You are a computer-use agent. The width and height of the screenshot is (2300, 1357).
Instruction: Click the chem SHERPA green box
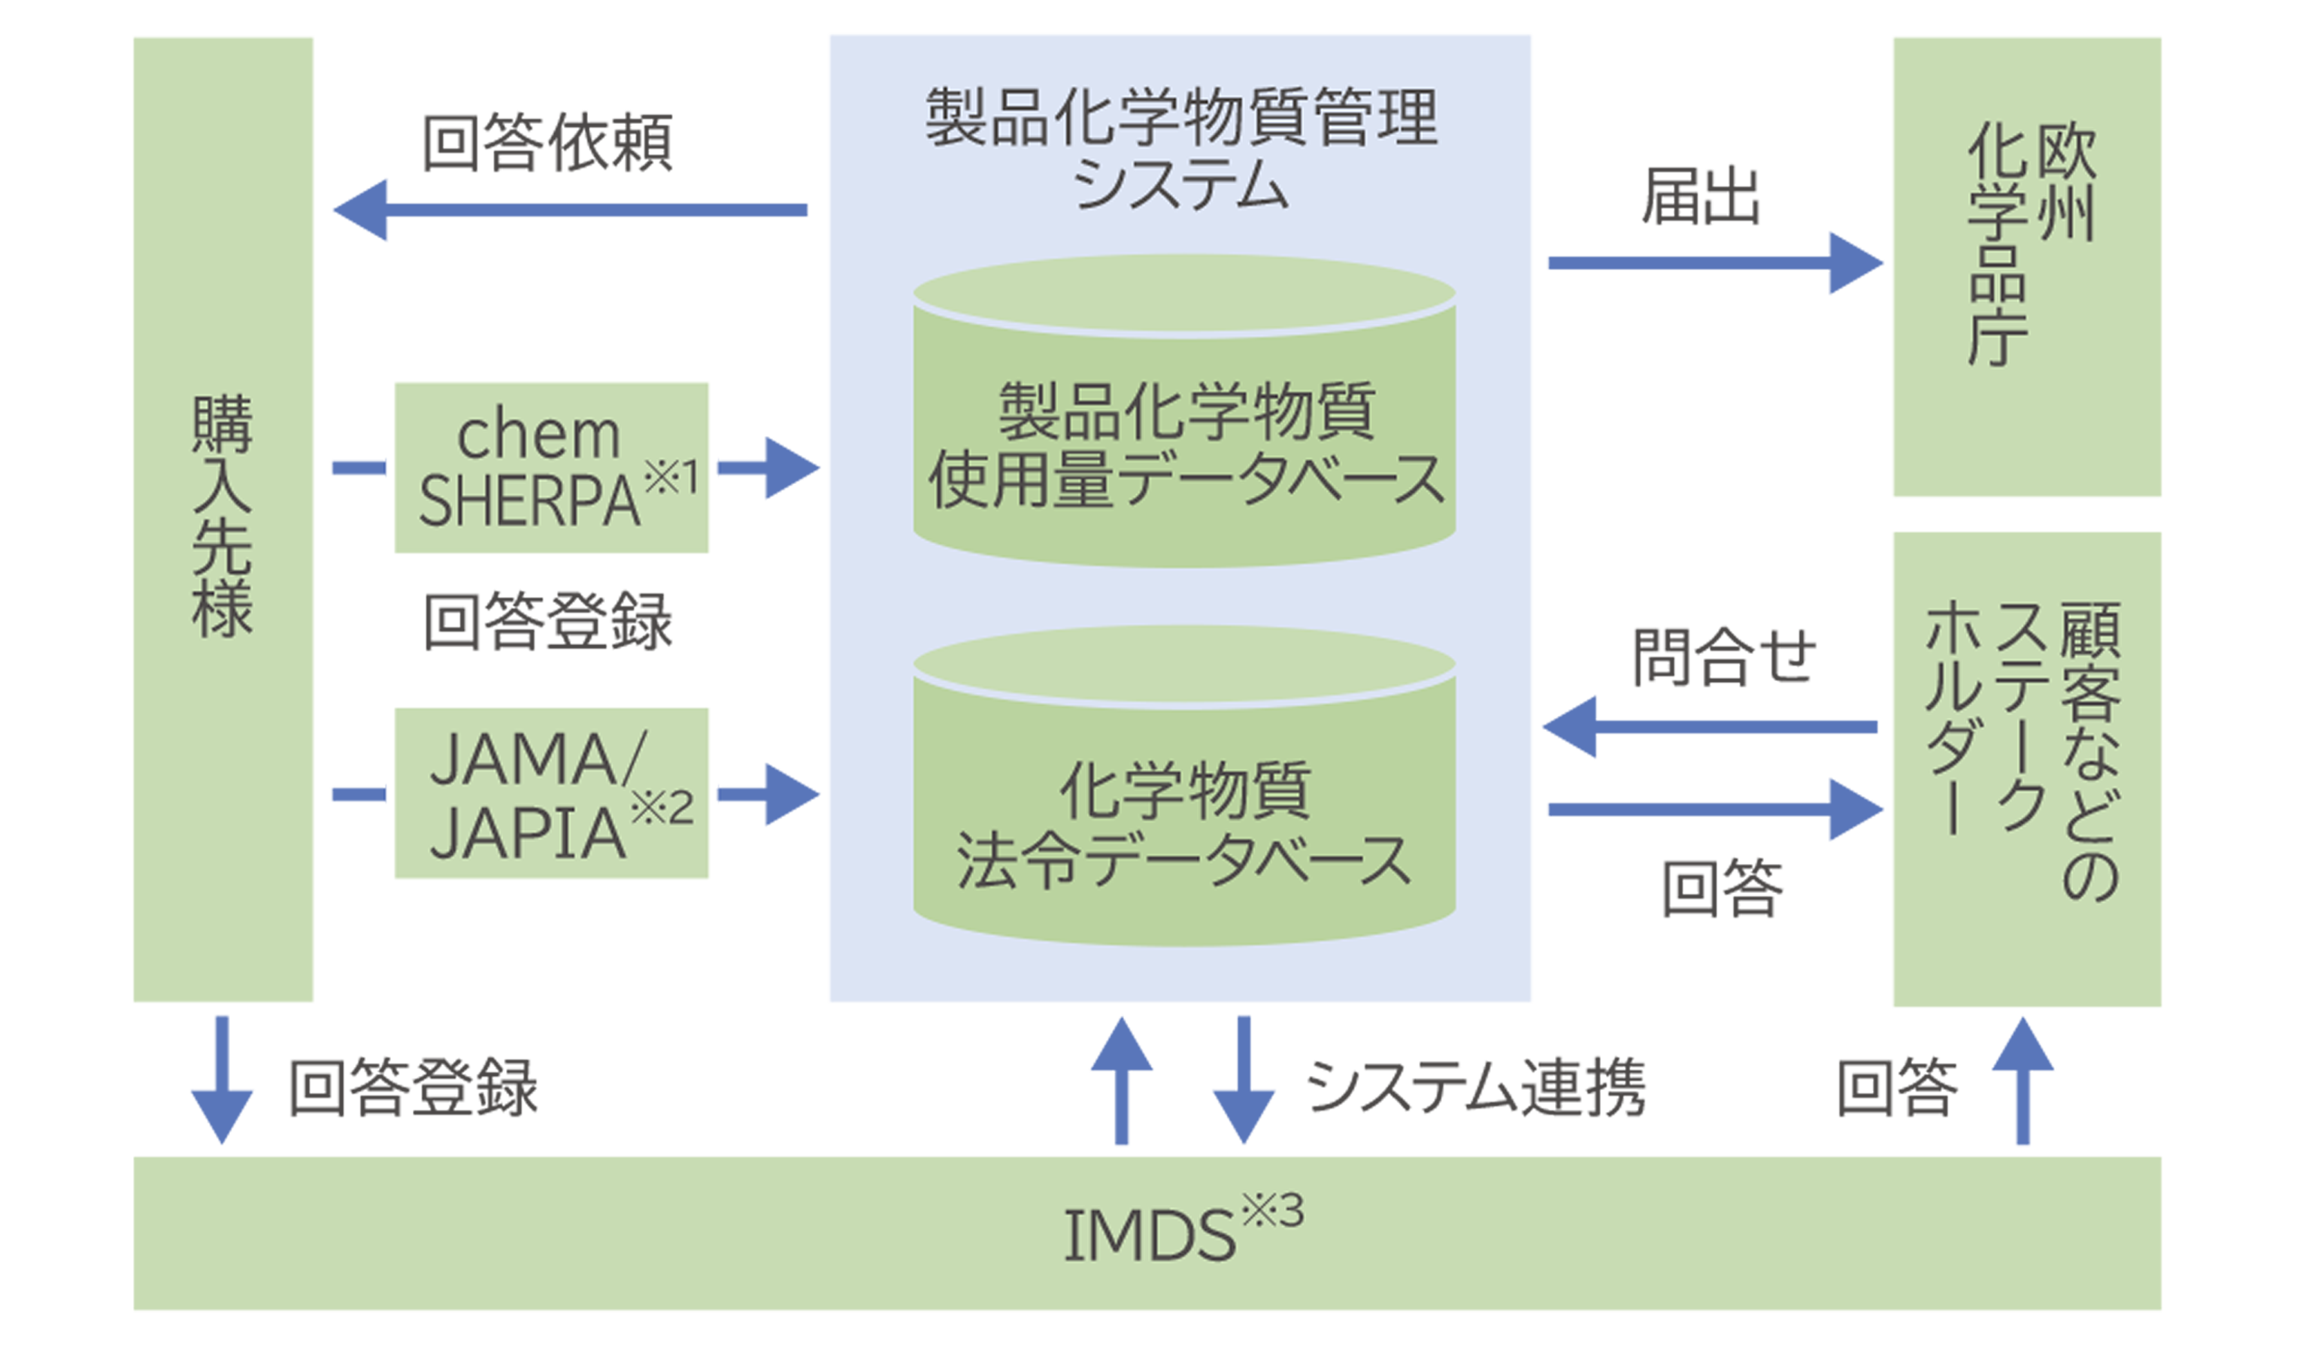(x=550, y=466)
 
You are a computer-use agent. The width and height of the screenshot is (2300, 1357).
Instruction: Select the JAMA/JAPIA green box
(x=550, y=792)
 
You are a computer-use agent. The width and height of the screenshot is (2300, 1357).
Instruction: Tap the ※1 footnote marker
(x=671, y=477)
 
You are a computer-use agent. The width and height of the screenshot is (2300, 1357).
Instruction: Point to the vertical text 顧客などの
(x=2089, y=750)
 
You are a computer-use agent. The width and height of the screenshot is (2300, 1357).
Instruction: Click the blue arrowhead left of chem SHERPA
(x=352, y=468)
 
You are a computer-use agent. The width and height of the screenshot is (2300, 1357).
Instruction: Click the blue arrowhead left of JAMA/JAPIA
(x=352, y=793)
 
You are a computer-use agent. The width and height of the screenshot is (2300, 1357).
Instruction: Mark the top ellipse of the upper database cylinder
(x=1184, y=295)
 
